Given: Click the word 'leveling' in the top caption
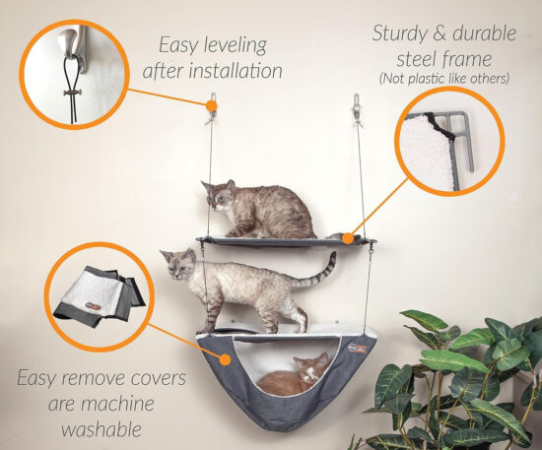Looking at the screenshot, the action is point(236,46).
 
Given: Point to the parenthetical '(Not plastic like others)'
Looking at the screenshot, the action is point(444,79).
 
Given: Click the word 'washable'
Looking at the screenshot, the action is point(102,429).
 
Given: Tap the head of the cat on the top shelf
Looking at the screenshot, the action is point(218,196).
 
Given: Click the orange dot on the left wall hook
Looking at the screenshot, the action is point(211,105).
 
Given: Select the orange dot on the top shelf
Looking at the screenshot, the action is point(349,238).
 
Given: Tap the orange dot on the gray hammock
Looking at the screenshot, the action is point(226,359).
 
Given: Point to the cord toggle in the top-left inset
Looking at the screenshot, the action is point(73,93).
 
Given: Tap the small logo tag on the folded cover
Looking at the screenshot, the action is point(93,306).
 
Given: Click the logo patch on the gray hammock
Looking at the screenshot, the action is point(357,349).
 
